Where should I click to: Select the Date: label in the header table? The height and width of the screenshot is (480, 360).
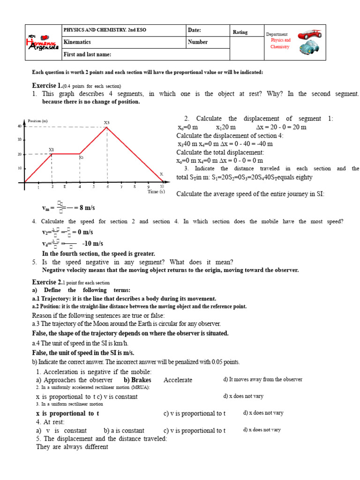pos(194,30)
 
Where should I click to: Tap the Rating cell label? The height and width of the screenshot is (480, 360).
pos(240,32)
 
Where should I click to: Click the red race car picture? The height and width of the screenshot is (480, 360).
pos(309,34)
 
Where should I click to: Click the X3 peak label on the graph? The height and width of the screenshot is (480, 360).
pos(106,123)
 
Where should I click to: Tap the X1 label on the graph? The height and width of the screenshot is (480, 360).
pos(52,150)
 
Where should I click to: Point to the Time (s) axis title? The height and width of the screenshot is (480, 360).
pos(156,192)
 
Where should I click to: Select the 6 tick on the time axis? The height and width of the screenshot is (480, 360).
pos(107,187)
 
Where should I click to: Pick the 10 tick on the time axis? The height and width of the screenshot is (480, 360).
pos(162,187)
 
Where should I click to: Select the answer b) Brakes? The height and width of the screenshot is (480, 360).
pos(137,380)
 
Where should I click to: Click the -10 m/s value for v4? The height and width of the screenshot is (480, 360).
pos(92,243)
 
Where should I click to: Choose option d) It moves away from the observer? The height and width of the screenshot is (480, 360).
pos(262,380)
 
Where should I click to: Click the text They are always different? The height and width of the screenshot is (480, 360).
pos(72,447)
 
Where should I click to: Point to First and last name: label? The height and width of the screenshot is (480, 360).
pos(87,54)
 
